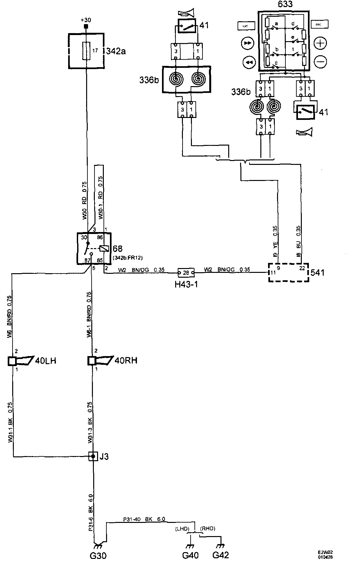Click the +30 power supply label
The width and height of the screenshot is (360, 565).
coord(86,20)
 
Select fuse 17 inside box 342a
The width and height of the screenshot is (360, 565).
coord(86,50)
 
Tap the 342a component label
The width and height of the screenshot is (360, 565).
coord(116,51)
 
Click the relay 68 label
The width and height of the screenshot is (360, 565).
coord(118,249)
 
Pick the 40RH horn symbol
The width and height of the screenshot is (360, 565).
coord(102,361)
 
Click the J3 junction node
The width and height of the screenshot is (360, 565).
coord(93,456)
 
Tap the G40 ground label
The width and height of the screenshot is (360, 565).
coord(190,555)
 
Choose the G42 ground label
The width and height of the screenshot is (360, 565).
coord(221,555)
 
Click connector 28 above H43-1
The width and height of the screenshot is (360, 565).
coord(186,273)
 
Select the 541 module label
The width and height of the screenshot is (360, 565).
coord(318,273)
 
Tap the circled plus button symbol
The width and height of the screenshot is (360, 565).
coord(320,43)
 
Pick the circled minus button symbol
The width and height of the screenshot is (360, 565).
coord(320,61)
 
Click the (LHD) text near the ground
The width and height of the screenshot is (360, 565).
coord(182,529)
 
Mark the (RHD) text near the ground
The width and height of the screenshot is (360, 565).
coord(208,529)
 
